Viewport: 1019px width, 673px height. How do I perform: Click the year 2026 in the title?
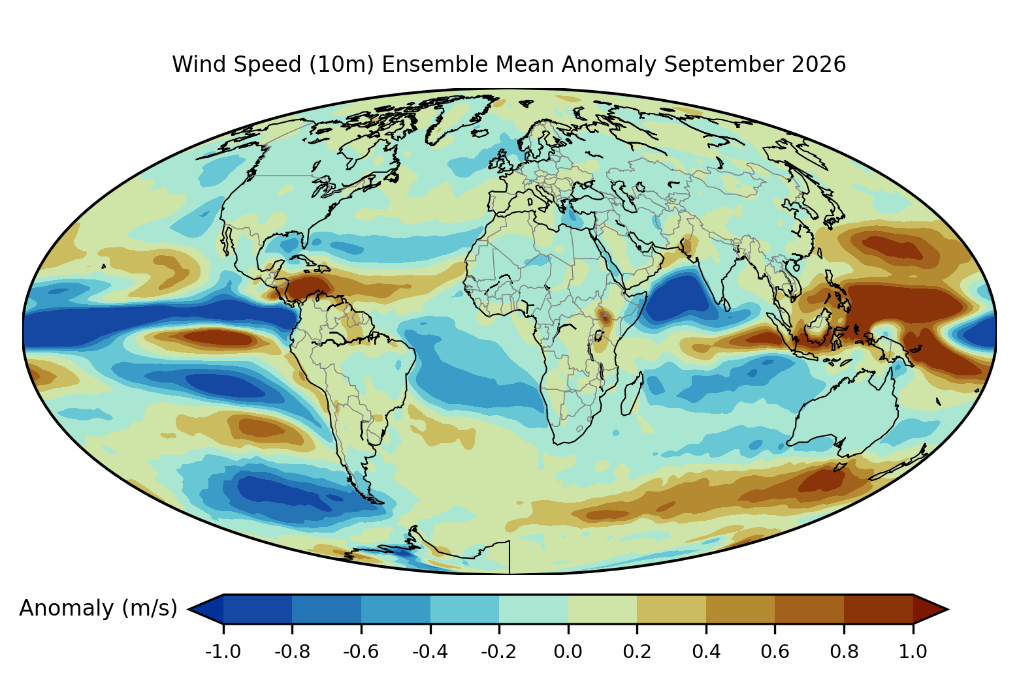819,64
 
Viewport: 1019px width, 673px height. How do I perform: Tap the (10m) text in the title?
342,64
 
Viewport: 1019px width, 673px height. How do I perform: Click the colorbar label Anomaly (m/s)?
98,608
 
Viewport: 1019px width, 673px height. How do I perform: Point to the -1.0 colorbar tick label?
223,652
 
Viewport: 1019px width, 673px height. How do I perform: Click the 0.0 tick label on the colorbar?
568,652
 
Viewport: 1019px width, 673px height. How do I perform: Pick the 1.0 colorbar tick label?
913,652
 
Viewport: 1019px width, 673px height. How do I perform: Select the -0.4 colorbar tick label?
430,652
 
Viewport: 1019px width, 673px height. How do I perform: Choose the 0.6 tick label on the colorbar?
775,652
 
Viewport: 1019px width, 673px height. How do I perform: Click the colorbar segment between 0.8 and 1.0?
879,609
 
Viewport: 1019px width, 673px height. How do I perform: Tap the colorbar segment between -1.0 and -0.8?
257,609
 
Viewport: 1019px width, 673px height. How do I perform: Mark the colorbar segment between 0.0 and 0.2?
602,609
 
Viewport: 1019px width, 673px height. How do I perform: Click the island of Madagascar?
632,394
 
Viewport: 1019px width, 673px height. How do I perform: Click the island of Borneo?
820,328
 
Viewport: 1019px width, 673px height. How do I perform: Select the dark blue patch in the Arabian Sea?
678,298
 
